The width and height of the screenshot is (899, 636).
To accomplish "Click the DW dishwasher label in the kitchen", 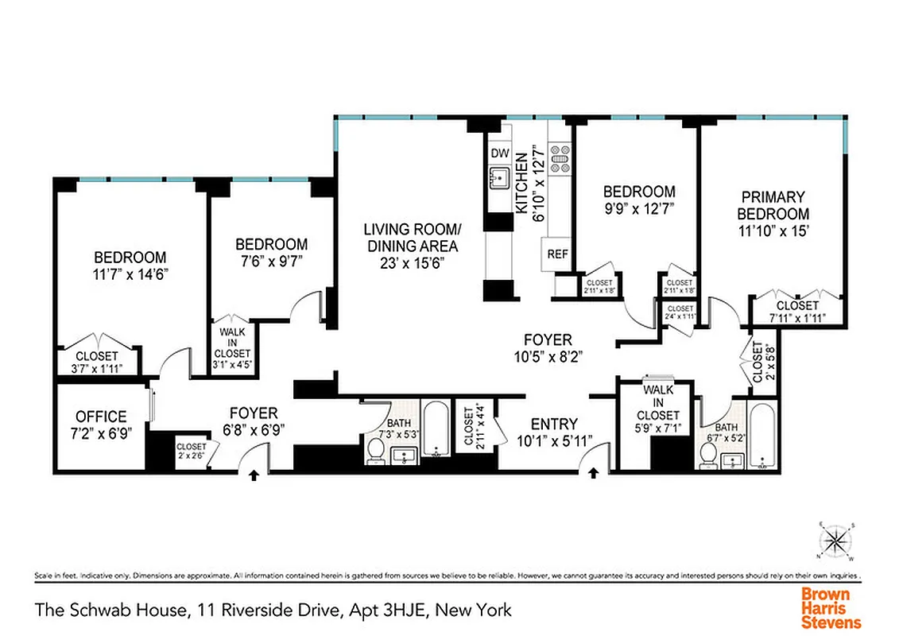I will (499, 153).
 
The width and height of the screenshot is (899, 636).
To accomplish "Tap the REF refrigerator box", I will (556, 255).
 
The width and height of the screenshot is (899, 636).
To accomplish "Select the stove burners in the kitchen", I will (560, 157).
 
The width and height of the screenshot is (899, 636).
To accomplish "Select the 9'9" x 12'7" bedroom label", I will (639, 200).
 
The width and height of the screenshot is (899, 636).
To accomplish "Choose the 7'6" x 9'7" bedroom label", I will (271, 252).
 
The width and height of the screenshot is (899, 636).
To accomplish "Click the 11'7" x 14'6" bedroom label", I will (130, 265).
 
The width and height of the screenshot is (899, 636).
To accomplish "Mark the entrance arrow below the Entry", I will (594, 475).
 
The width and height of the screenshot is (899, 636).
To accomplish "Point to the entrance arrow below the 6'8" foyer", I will (254, 475).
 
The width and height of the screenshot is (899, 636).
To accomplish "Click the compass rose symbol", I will (835, 541).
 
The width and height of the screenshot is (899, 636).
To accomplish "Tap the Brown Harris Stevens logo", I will (830, 608).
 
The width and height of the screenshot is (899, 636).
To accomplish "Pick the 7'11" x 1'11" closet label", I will (797, 311).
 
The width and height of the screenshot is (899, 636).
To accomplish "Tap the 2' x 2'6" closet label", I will (191, 452).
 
